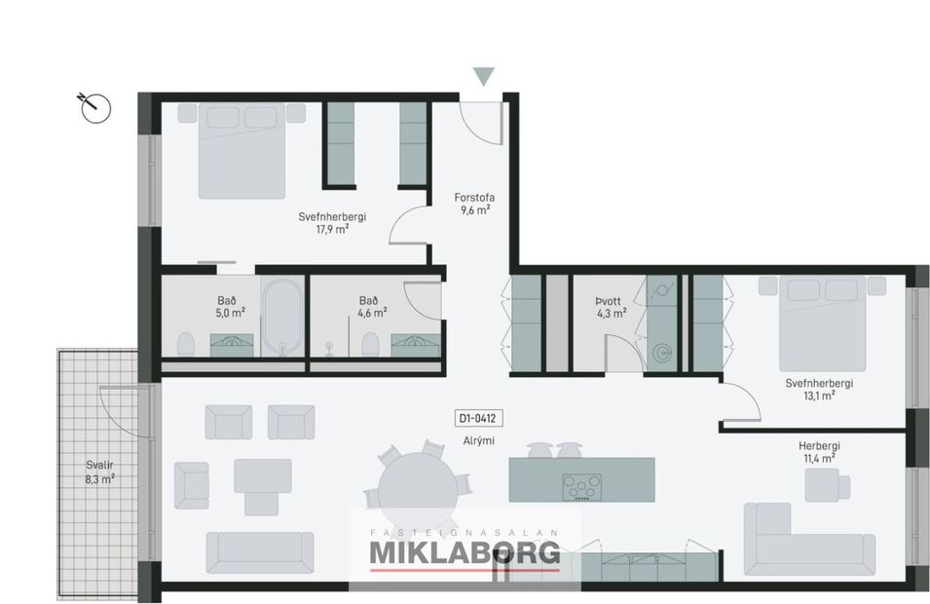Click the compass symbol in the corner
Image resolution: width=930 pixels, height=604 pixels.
pos(94,106)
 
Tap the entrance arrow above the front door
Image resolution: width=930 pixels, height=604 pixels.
pos(483,77)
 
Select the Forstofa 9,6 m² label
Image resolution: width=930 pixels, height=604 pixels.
pos(473,203)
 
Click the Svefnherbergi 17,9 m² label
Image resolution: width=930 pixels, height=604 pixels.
pos(332,223)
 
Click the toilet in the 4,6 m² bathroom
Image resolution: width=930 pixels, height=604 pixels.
pos(369,344)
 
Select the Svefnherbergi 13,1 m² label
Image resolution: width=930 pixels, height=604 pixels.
pos(819,389)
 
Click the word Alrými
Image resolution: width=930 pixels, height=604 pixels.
pos(479,440)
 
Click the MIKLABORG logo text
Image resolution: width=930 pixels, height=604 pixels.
pos(465,552)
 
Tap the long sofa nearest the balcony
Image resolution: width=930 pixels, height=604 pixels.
pos(259,552)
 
